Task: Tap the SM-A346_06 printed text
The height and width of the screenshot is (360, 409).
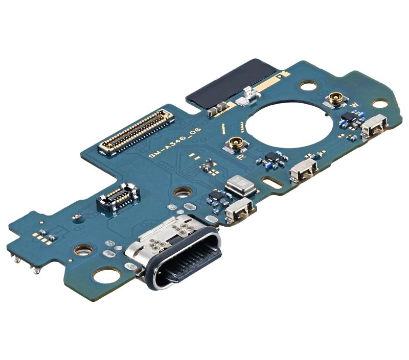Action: (175, 144)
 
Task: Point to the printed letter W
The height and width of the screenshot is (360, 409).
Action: (354, 106)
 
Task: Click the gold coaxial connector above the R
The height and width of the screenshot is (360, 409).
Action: (235, 144)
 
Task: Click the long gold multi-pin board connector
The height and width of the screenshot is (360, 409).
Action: (136, 132)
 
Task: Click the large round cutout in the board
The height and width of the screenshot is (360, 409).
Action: (290, 124)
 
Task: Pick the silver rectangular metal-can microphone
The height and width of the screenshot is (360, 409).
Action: (240, 185)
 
